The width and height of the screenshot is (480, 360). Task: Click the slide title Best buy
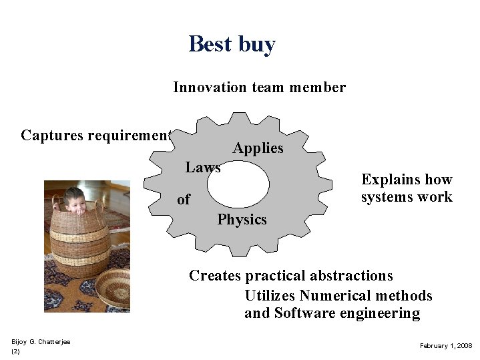(232, 44)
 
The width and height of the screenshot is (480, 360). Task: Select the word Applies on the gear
(258, 148)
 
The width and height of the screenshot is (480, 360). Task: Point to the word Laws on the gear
(203, 168)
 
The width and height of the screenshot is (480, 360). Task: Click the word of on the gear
(184, 200)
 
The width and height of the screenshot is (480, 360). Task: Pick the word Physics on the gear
(242, 220)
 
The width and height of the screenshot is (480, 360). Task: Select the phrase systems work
(407, 197)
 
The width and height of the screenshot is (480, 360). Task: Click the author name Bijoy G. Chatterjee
(41, 342)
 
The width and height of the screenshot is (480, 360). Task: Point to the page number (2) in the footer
(15, 351)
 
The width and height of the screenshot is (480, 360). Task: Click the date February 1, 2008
(445, 345)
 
